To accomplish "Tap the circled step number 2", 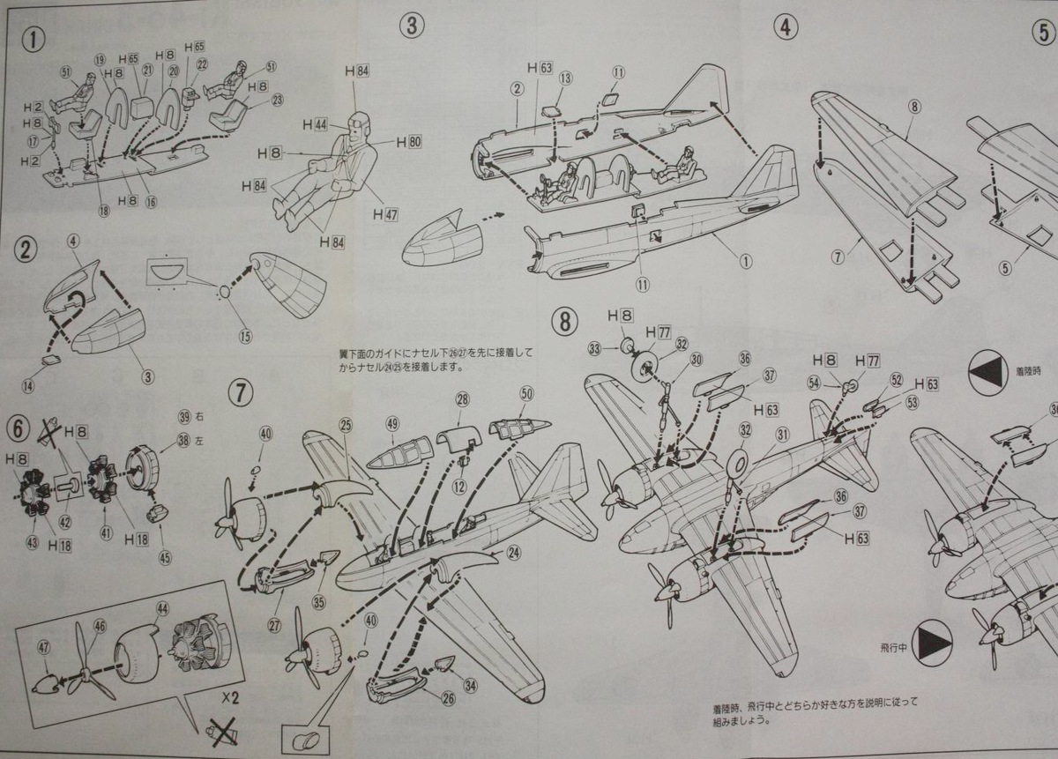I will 28,249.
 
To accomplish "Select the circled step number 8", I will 565,321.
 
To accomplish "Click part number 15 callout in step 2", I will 244,335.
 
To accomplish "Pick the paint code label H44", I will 315,124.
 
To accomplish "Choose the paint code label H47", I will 386,213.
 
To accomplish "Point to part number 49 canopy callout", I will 392,424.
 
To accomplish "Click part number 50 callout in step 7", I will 527,393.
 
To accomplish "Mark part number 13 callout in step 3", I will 565,78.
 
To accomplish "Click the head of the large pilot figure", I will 358,123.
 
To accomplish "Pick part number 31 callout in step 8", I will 781,433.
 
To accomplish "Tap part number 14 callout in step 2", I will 29,385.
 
